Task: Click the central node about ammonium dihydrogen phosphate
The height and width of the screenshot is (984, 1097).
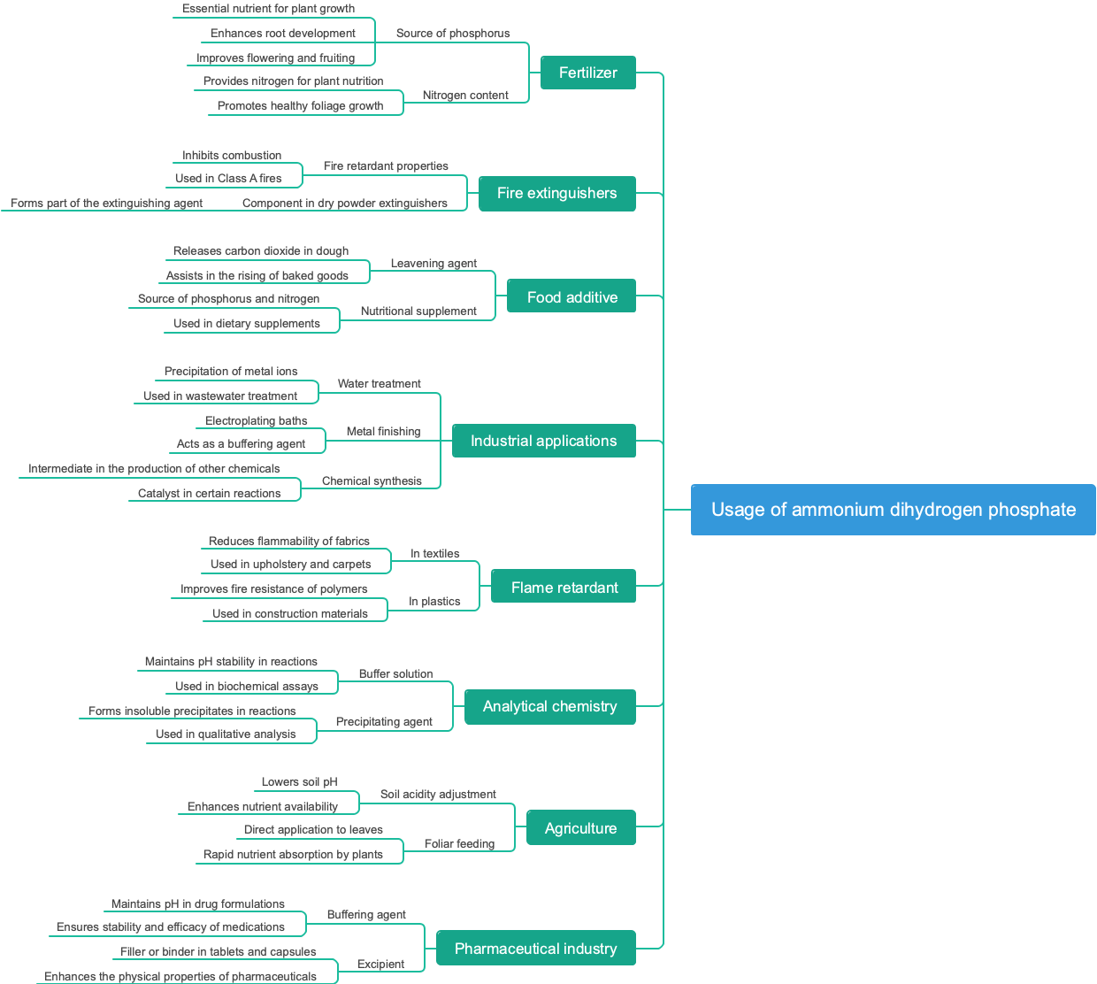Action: point(894,510)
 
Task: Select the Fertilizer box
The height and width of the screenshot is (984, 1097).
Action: point(588,73)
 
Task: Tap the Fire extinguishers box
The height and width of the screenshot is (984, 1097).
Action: point(557,193)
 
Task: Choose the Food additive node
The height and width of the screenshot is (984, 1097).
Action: point(572,297)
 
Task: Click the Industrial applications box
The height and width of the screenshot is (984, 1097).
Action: point(544,441)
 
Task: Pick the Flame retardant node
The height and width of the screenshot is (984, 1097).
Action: point(564,588)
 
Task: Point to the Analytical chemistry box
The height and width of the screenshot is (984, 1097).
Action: point(550,706)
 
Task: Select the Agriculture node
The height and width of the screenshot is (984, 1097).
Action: point(581,828)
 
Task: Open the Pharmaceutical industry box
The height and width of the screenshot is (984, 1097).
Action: point(536,949)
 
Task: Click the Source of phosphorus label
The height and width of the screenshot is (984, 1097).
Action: point(453,34)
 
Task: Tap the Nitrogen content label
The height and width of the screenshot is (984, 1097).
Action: point(465,96)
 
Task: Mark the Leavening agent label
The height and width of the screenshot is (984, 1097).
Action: point(433,264)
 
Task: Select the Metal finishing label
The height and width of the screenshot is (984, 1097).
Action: point(384,432)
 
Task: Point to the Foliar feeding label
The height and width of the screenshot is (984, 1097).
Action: point(459,844)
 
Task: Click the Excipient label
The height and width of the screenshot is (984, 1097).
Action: point(380,965)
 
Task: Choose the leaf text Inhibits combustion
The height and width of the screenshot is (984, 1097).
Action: point(232,156)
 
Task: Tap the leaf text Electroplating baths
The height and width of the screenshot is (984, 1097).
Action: point(257,421)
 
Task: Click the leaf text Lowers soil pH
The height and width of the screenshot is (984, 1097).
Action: point(300,782)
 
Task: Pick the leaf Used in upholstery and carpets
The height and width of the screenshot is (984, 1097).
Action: point(291,565)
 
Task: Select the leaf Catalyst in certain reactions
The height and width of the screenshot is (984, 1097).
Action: point(210,494)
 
